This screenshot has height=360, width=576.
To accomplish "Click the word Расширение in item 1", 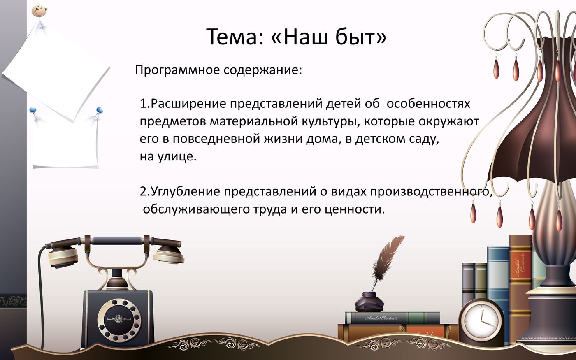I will [187, 104].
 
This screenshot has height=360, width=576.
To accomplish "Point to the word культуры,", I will [325, 122].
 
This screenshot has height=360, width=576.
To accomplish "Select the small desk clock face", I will [481, 321].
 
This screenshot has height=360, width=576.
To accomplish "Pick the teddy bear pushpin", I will [39, 10].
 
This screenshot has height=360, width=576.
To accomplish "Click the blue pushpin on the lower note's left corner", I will [33, 110].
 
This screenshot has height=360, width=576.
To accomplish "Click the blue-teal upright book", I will [498, 280].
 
